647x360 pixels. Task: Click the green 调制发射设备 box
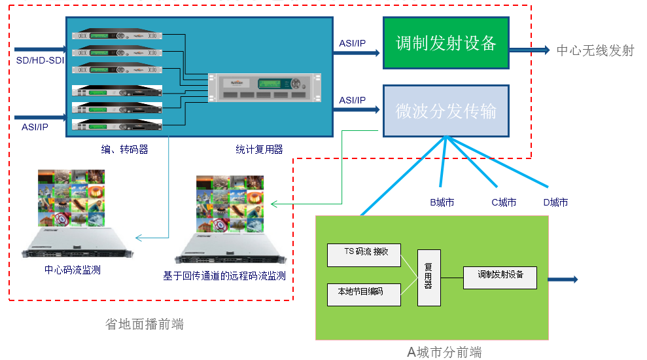point(446,43)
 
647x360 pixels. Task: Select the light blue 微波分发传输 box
point(446,111)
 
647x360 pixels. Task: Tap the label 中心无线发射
point(595,50)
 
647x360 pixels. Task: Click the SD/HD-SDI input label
point(41,61)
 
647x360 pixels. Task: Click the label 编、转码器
point(124,150)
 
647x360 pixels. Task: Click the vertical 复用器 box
point(428,278)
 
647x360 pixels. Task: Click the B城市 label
point(442,202)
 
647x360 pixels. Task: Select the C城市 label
point(504,202)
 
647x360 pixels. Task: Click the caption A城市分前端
point(444,353)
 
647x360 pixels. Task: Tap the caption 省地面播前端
point(144,323)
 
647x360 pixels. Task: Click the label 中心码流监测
point(73,270)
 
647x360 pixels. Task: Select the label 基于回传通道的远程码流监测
point(224,276)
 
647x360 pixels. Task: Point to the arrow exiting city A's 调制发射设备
point(563,279)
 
